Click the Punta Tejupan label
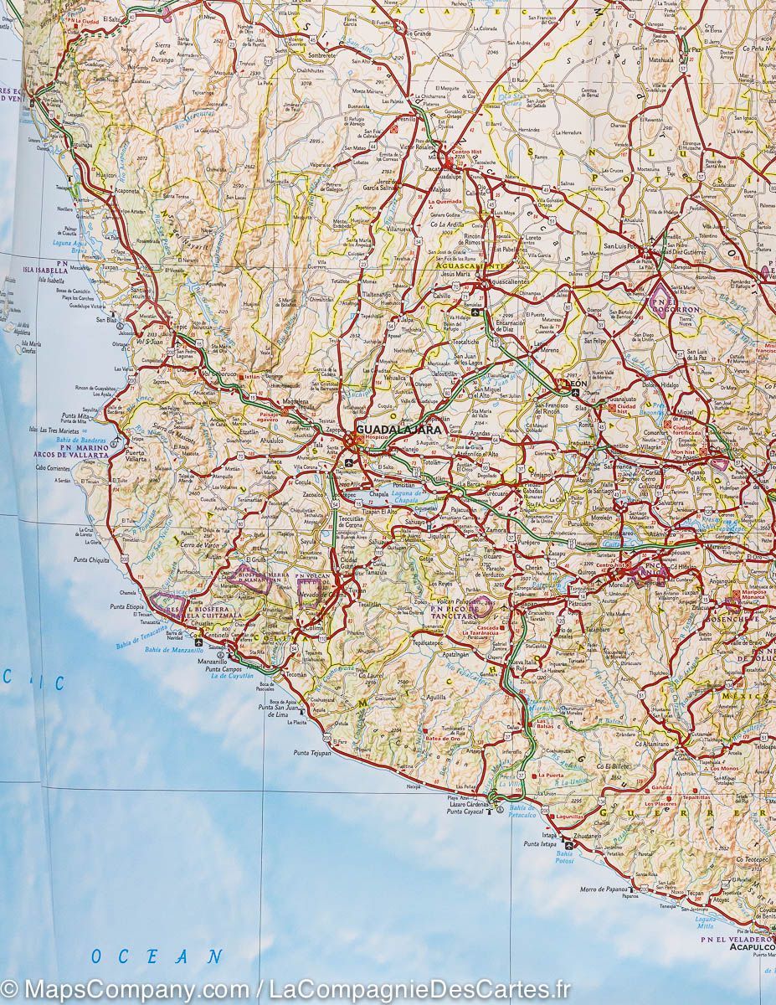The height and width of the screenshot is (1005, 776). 312,753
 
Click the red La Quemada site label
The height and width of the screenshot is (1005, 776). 445,202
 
